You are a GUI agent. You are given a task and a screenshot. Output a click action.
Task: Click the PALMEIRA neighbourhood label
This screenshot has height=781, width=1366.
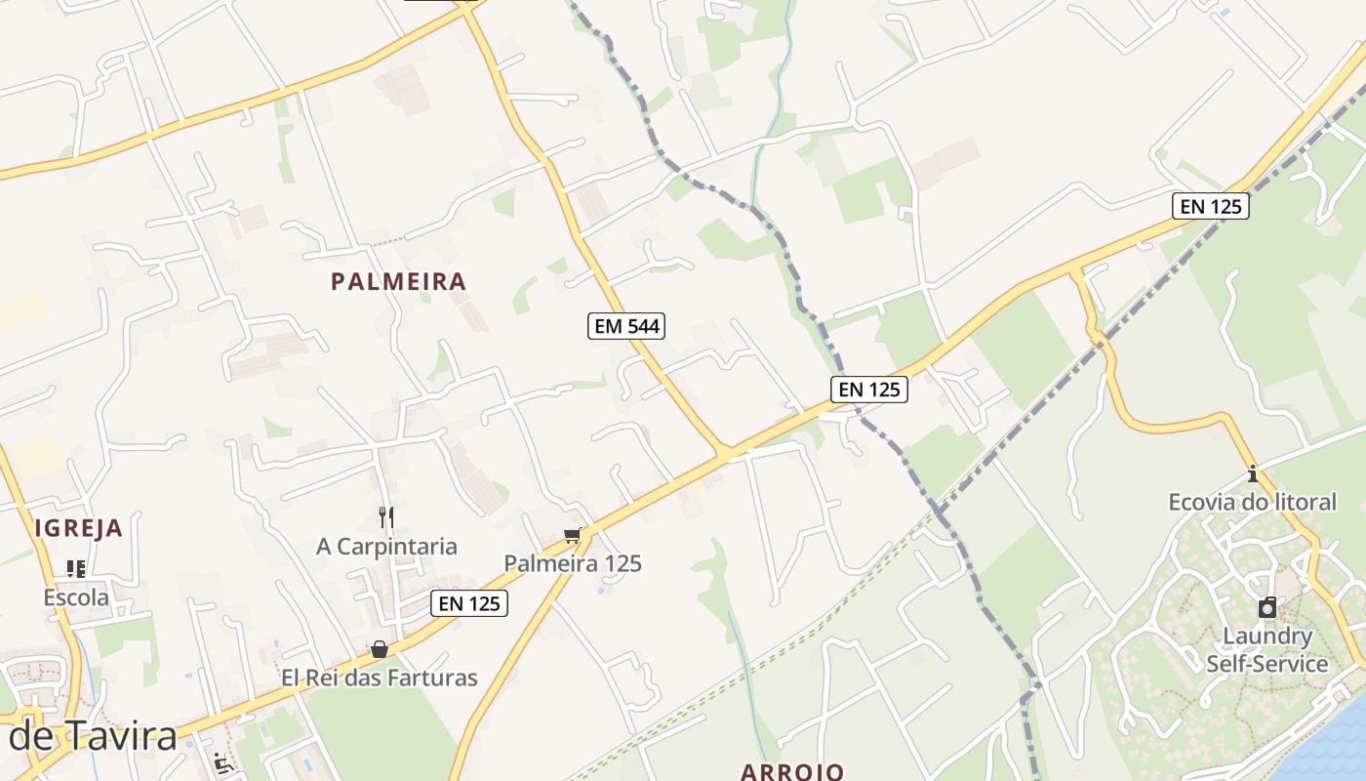point(398,282)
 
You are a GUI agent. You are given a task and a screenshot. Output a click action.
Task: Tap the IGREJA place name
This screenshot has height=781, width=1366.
point(79,529)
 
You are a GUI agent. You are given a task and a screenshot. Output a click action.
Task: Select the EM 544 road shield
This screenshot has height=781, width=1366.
point(626,326)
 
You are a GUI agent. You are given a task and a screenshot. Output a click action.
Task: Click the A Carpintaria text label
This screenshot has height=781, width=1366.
point(386,547)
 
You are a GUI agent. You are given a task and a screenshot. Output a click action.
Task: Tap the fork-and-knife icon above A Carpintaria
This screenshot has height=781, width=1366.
point(386,516)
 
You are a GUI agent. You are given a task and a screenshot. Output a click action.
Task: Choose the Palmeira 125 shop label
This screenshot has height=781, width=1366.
point(573,563)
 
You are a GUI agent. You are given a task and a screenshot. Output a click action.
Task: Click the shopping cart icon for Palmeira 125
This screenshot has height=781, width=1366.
point(573,535)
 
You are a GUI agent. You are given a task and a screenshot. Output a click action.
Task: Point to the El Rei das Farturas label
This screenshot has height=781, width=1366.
point(380,678)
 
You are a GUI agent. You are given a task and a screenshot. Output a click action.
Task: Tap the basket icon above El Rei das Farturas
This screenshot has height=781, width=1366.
point(380,649)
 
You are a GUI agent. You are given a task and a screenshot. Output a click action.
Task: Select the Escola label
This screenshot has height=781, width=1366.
point(76,597)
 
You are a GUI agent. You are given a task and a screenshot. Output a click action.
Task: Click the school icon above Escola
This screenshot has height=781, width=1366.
point(76,568)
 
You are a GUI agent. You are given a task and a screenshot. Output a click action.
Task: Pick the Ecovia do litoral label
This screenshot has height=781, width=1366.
point(1253,503)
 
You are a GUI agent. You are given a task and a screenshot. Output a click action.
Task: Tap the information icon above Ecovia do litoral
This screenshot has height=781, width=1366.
point(1253,474)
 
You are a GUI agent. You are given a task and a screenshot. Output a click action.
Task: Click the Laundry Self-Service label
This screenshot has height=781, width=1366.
point(1267,650)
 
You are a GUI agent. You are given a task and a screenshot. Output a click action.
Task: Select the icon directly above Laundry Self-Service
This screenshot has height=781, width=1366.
point(1267,608)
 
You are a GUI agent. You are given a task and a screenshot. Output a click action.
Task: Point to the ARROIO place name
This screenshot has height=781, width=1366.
point(792,771)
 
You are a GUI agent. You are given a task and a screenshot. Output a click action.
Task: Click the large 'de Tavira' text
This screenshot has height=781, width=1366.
point(93,737)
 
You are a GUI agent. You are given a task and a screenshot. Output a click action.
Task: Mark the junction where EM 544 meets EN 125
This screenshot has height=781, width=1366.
point(724,453)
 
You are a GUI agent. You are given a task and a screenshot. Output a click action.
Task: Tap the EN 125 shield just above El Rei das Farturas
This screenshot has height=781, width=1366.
point(469,603)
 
